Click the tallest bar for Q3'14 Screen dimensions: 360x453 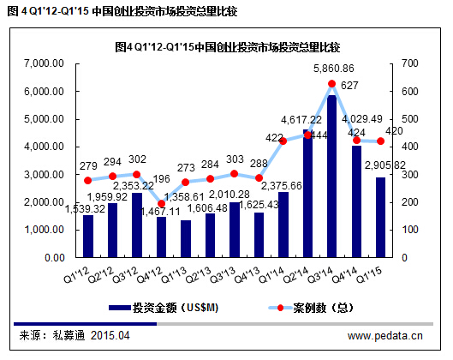(x=331, y=176)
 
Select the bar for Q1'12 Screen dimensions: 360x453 (x=87, y=236)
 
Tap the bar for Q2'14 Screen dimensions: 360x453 (x=307, y=194)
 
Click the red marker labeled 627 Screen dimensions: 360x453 (x=331, y=84)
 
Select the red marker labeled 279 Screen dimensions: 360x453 (x=87, y=180)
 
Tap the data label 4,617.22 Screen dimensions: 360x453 (x=304, y=120)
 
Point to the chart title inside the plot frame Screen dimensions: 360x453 (x=226, y=45)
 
